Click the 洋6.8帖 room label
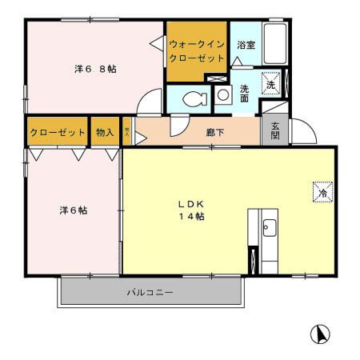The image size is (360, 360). [x=95, y=70]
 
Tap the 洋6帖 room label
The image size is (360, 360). [x=73, y=210]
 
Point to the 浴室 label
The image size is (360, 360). [x=246, y=46]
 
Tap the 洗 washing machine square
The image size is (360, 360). [x=270, y=84]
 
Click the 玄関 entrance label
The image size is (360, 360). [x=274, y=130]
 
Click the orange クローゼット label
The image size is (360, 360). [x=57, y=132]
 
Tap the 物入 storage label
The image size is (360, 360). [x=105, y=132]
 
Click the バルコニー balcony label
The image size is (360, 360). [x=150, y=293]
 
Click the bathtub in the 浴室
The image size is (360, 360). [x=275, y=46]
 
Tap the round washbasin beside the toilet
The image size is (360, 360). [x=223, y=95]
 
